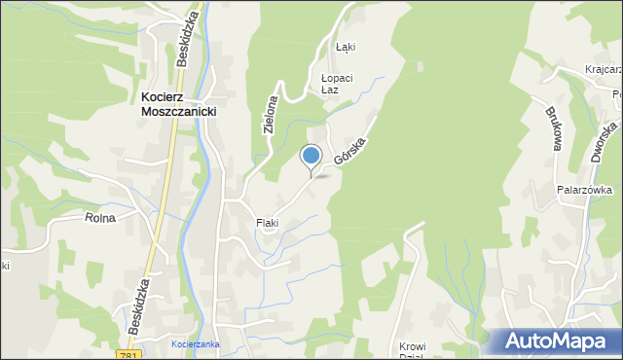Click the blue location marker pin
coord(311,156)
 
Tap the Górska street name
coord(355,144)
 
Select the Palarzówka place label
coord(583,192)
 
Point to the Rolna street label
coord(100,218)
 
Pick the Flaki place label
coord(268,223)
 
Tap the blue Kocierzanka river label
coord(195,344)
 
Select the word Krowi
coord(413,345)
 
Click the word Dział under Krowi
coord(413,356)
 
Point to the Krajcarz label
coord(604,70)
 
